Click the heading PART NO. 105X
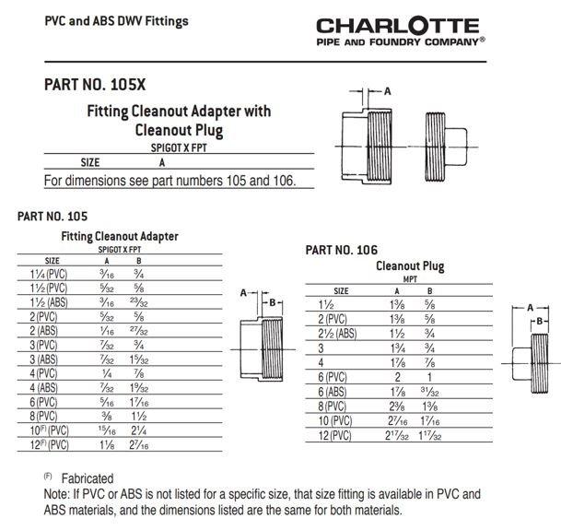pos(95,85)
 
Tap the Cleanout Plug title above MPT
pos(410,266)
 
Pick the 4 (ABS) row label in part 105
pos(44,388)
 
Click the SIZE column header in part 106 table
pos(341,290)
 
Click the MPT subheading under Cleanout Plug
pos(411,278)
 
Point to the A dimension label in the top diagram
pos(388,90)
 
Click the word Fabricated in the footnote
pos(88,478)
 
